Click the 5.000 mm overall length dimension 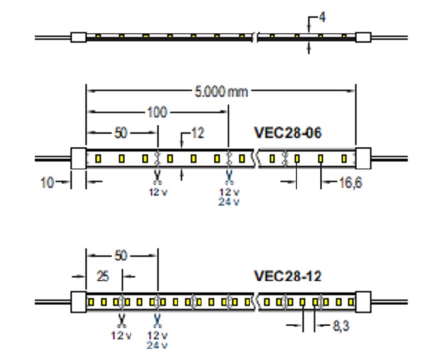click(x=220, y=92)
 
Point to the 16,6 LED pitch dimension click(x=347, y=183)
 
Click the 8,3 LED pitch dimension click(x=341, y=327)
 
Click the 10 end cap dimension click(x=47, y=183)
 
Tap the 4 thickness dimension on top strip click(x=322, y=16)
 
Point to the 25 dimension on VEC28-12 click(x=102, y=276)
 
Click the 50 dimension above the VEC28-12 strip click(x=121, y=255)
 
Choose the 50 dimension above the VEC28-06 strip click(x=121, y=132)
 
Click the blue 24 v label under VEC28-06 click(x=228, y=201)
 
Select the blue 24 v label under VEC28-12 click(x=157, y=345)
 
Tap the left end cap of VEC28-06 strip click(x=78, y=157)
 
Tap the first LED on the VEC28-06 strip click(x=99, y=158)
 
